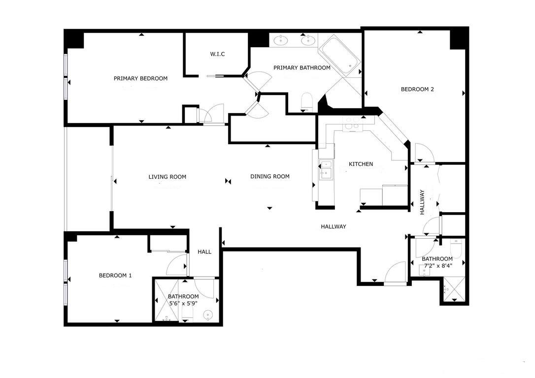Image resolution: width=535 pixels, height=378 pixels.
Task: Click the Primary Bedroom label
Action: (140, 78)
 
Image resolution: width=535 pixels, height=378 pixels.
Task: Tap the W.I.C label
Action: (217, 54)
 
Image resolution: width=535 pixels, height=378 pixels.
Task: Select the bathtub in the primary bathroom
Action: (340, 56)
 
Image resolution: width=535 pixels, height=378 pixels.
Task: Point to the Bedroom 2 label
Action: (417, 90)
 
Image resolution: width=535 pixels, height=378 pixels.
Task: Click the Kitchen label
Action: (361, 164)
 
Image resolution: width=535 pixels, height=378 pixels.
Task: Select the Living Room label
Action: (167, 177)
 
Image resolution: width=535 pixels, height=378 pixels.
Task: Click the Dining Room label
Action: (269, 177)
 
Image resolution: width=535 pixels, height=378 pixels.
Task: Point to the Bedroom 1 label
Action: (115, 276)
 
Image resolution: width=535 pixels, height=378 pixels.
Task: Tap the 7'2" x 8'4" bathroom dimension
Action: (437, 266)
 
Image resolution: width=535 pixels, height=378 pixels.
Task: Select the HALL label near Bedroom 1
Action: (204, 252)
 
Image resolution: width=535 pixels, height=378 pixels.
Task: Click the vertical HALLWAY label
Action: (422, 202)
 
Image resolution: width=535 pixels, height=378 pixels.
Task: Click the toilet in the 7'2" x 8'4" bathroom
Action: (456, 249)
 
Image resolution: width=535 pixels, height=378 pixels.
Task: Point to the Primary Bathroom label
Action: (301, 68)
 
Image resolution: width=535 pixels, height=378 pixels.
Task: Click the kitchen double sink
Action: (326, 168)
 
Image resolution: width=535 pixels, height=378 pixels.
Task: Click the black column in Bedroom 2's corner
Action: (459, 38)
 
